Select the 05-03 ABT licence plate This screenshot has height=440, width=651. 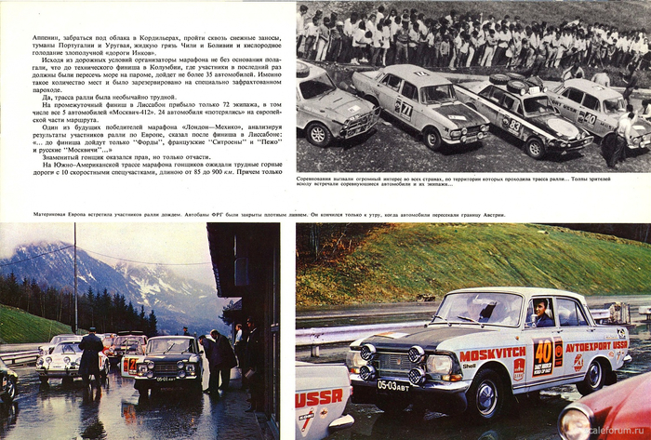click(395, 384)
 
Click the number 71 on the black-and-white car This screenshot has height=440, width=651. click(406, 107)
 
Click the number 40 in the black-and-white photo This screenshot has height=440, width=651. click(588, 118)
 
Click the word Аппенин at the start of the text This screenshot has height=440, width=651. click(33, 37)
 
